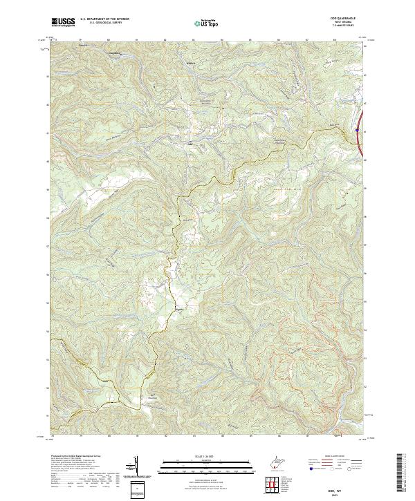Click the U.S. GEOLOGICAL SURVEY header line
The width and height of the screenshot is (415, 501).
point(104,24)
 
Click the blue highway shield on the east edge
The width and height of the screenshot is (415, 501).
point(357,129)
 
